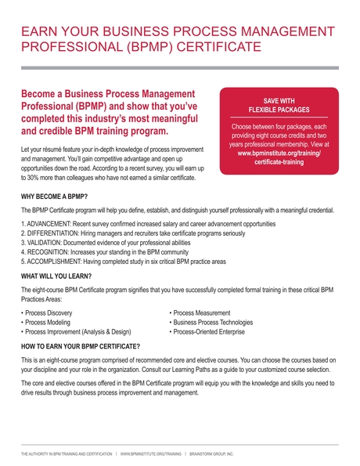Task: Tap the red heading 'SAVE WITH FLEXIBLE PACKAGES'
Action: [x=279, y=106]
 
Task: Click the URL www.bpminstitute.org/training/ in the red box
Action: [x=279, y=154]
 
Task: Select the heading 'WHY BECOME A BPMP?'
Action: [x=54, y=195]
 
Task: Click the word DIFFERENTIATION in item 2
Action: [x=57, y=234]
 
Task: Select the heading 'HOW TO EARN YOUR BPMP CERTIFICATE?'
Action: [x=81, y=346]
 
